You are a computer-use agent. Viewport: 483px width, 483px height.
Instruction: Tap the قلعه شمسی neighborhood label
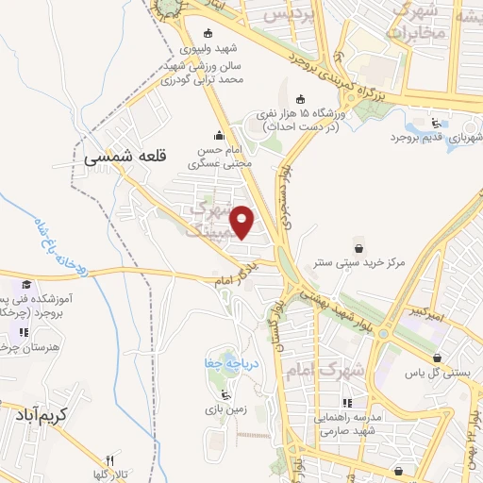117,157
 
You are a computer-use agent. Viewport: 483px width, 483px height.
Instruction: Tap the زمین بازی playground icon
224,394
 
